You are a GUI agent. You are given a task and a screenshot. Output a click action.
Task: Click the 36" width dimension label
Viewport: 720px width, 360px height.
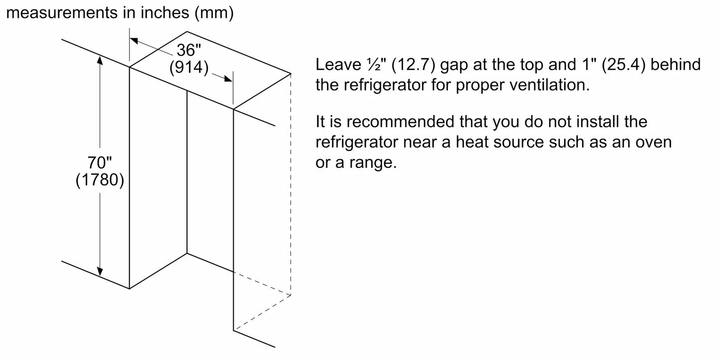189,50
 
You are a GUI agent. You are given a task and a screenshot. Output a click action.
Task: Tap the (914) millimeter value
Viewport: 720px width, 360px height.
189,67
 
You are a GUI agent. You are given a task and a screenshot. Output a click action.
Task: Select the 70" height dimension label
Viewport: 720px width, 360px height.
100,162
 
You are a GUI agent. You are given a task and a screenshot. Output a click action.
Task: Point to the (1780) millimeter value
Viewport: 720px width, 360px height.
100,180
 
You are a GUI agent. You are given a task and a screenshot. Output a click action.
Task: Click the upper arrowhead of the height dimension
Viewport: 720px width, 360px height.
100,60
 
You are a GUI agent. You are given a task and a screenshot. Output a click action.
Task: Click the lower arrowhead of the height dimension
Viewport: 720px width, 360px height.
100,271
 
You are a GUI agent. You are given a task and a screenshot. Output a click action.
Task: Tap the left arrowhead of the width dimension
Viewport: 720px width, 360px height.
134,40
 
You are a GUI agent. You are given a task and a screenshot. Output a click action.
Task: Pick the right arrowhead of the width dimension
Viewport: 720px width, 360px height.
228,79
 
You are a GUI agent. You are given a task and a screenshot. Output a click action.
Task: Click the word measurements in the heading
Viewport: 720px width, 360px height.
62,13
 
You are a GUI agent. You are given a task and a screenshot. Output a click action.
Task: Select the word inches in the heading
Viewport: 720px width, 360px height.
165,13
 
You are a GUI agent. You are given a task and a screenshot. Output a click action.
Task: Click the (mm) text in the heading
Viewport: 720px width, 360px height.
214,13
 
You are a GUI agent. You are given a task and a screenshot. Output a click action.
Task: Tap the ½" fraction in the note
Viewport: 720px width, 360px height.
376,65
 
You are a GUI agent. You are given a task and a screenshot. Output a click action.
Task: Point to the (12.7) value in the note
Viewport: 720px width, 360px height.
414,65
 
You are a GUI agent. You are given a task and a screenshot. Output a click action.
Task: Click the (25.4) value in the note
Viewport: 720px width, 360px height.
623,65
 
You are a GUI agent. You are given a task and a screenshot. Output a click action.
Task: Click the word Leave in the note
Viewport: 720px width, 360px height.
338,65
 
